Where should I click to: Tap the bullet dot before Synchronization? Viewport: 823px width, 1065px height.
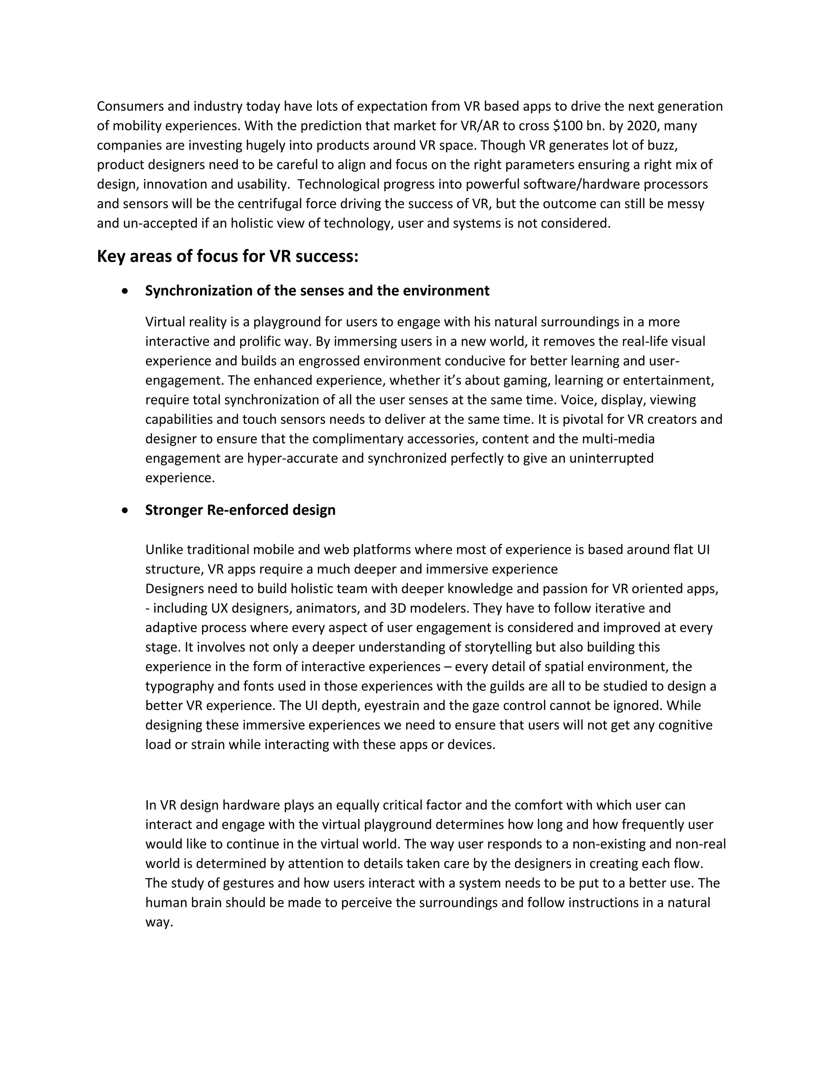pos(126,291)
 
